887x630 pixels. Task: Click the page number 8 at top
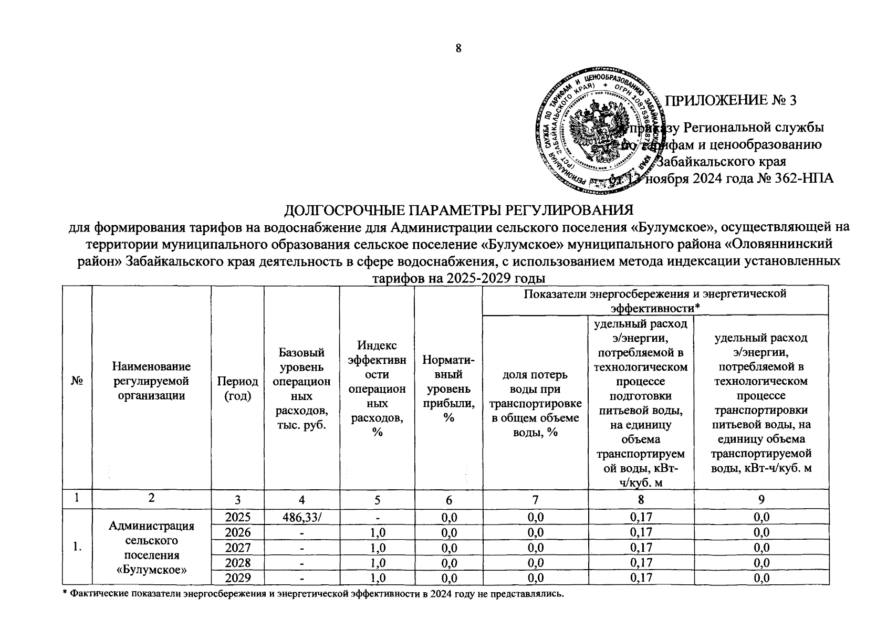click(x=458, y=49)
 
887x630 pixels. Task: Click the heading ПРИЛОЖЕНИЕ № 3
click(x=731, y=101)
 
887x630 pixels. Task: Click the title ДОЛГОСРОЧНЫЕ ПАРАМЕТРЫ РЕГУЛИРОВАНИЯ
click(x=458, y=211)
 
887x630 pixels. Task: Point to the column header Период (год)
click(x=237, y=388)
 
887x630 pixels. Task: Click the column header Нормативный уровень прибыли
click(x=448, y=389)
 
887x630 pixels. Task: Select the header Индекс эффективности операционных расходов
click(x=377, y=388)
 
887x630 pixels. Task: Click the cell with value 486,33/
click(x=301, y=517)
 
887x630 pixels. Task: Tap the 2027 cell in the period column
click(x=237, y=548)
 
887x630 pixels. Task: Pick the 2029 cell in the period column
click(x=237, y=578)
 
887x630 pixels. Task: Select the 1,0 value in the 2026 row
click(x=377, y=532)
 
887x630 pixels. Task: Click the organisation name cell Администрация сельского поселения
click(x=151, y=547)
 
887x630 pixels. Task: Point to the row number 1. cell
click(x=77, y=547)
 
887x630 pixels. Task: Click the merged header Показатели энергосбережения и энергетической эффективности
click(x=654, y=300)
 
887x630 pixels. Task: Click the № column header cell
click(x=77, y=388)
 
